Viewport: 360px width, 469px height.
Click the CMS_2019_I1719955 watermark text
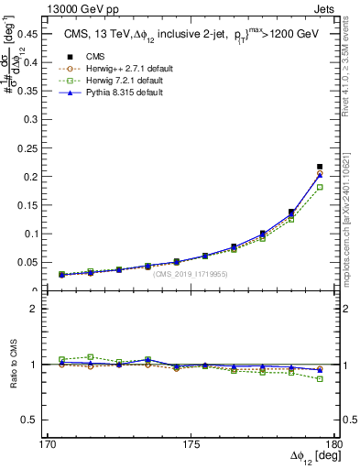(191, 274)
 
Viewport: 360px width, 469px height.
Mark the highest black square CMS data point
(319, 167)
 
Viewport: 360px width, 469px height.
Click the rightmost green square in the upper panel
(319, 187)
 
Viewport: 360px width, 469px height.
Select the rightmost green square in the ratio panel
(319, 378)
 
